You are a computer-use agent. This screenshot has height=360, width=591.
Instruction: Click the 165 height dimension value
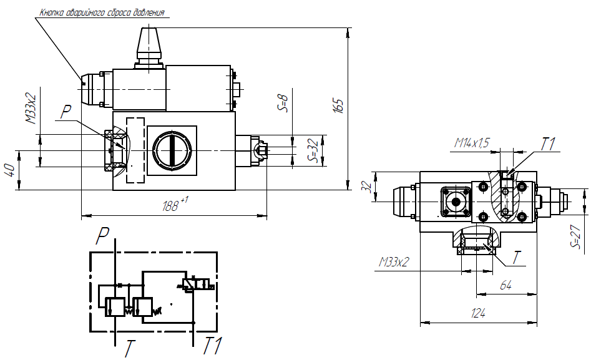tap(338, 106)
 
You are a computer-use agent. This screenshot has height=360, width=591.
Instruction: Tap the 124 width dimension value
tap(478, 313)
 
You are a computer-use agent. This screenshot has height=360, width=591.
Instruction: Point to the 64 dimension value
tap(506, 285)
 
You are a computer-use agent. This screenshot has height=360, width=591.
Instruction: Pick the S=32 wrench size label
tap(313, 150)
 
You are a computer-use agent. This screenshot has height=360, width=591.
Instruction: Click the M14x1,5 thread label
tap(472, 143)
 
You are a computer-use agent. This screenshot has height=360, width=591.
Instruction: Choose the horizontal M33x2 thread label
tap(394, 261)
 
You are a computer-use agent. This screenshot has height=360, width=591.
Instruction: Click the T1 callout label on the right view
tap(549, 144)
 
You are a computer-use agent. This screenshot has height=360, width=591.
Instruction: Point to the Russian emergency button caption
tap(102, 12)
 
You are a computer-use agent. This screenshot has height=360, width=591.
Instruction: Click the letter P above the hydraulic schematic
tap(102, 236)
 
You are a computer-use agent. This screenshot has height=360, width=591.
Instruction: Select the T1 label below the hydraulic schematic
tap(213, 346)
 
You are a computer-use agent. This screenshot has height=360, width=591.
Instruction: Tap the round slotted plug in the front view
tap(172, 150)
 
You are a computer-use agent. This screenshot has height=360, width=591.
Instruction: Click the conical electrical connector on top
tap(149, 48)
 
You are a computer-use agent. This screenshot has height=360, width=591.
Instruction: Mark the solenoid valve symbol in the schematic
tap(197, 285)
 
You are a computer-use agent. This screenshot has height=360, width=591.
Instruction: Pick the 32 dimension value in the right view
tap(367, 187)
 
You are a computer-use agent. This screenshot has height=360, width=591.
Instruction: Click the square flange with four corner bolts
tap(456, 202)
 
